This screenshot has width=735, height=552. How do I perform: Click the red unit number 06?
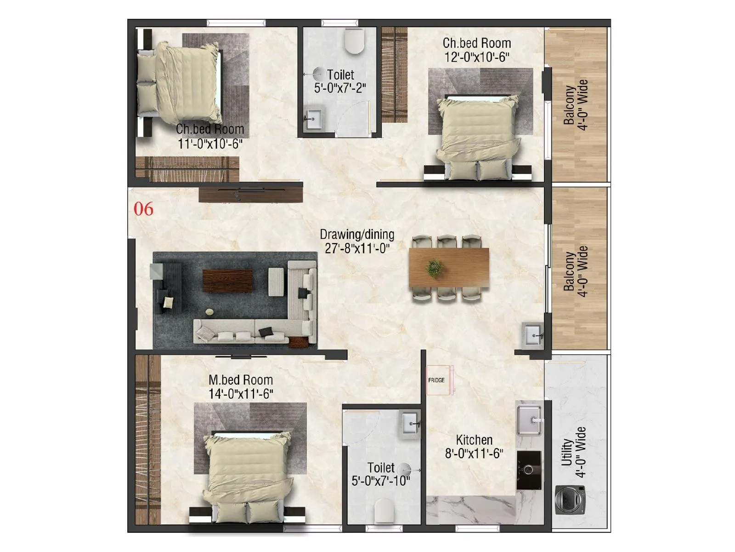[143, 209]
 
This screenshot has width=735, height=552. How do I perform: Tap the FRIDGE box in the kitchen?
[437, 380]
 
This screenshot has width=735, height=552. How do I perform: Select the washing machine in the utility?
[570, 500]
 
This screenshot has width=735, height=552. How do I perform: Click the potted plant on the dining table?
[434, 268]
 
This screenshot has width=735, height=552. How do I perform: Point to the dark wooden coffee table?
[227, 280]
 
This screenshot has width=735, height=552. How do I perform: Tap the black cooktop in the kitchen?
[529, 470]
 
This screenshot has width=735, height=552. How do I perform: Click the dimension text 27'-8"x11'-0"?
[357, 249]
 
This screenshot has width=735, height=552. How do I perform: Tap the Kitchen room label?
[474, 440]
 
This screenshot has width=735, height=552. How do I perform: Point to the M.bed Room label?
[241, 380]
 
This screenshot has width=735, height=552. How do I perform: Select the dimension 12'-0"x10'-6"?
[477, 57]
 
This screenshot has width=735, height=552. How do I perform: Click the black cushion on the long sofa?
[266, 332]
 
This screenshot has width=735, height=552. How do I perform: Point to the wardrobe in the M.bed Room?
[147, 439]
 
